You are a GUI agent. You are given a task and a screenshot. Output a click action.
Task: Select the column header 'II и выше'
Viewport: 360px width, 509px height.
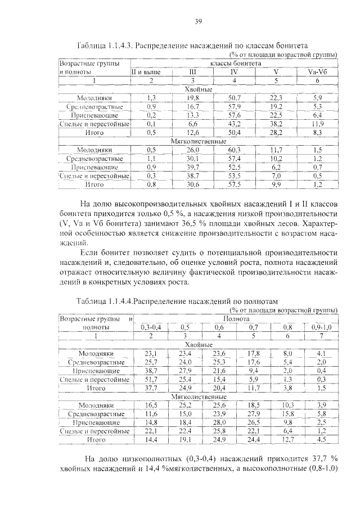[146, 72]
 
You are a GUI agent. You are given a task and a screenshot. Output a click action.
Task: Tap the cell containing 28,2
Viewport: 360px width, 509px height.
[276, 132]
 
